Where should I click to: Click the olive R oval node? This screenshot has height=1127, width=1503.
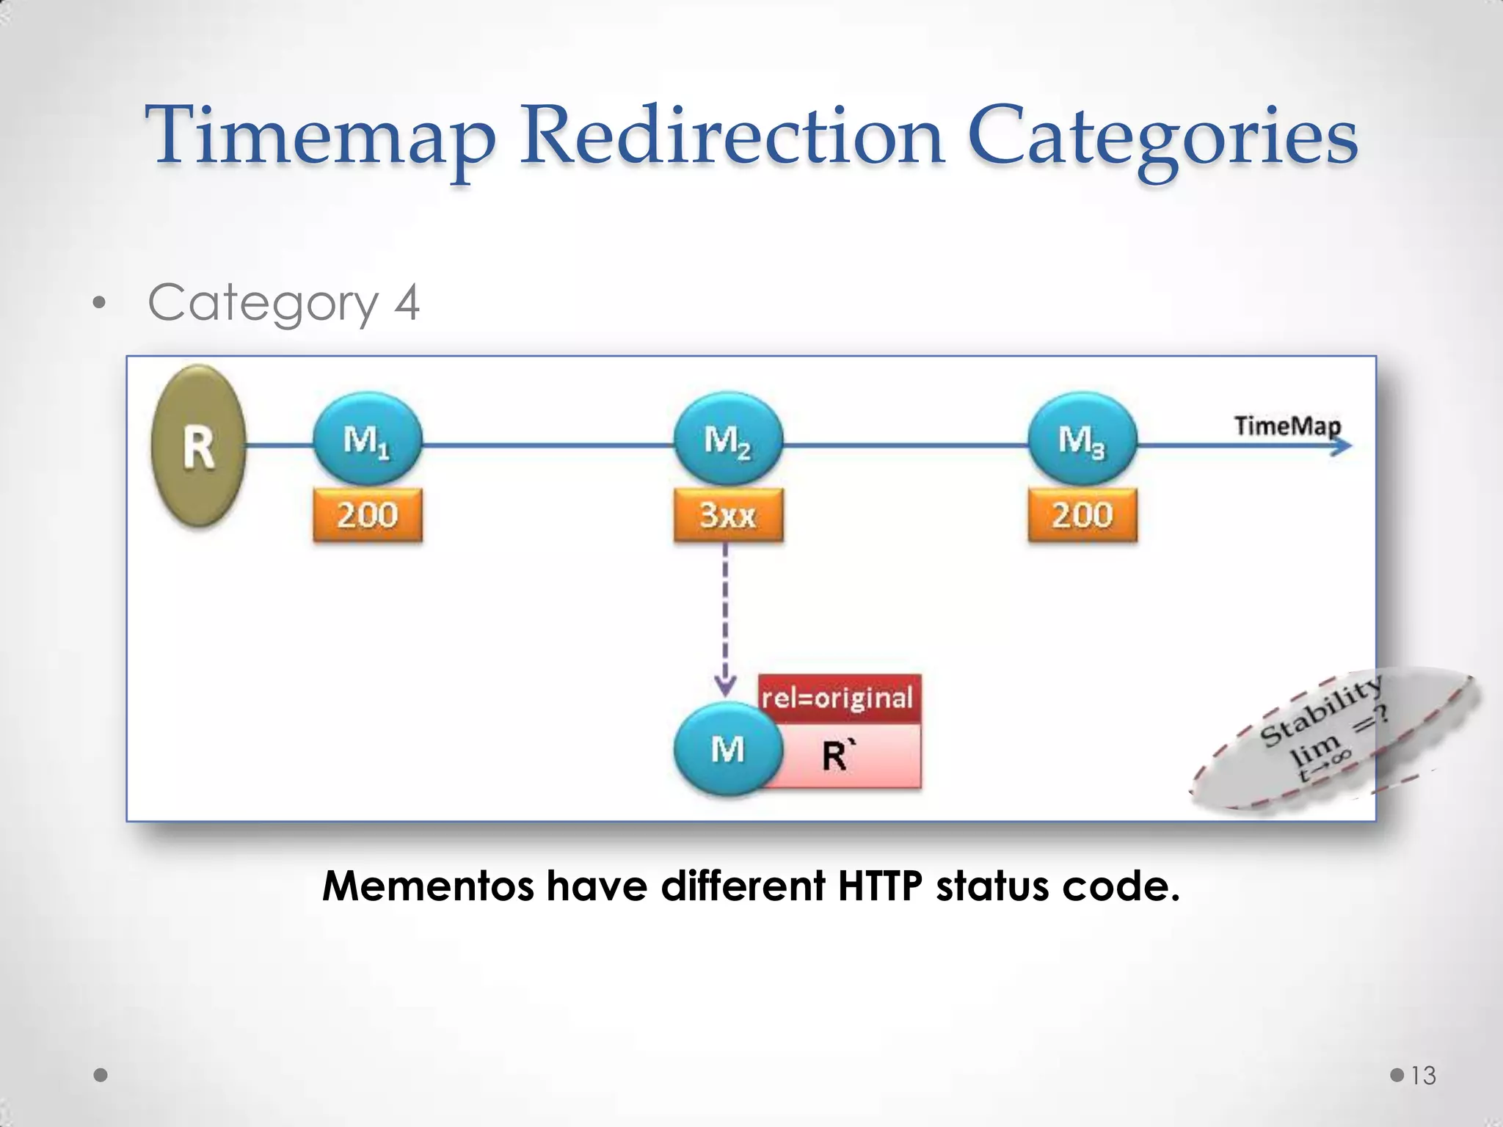(198, 445)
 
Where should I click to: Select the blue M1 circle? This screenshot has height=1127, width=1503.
(367, 439)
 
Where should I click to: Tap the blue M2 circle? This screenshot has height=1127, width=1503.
(728, 439)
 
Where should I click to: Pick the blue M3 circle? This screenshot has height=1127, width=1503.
(1082, 439)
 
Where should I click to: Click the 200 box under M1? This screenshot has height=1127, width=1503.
(367, 515)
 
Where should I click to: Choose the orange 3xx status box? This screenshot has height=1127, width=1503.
(728, 515)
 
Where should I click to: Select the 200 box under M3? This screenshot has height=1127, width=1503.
(1082, 515)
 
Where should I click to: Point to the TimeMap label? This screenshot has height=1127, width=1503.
(1287, 426)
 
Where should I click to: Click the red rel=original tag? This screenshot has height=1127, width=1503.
(837, 698)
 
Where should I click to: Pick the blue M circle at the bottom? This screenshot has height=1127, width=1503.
(728, 749)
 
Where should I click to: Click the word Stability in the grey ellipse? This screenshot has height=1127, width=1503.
(1321, 710)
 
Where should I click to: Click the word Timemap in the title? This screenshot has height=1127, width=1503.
(321, 136)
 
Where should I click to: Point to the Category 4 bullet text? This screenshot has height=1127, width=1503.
(283, 302)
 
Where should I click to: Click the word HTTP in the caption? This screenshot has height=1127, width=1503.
(879, 886)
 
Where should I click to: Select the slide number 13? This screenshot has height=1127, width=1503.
(1423, 1076)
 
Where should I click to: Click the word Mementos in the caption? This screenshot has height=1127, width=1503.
(428, 886)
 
